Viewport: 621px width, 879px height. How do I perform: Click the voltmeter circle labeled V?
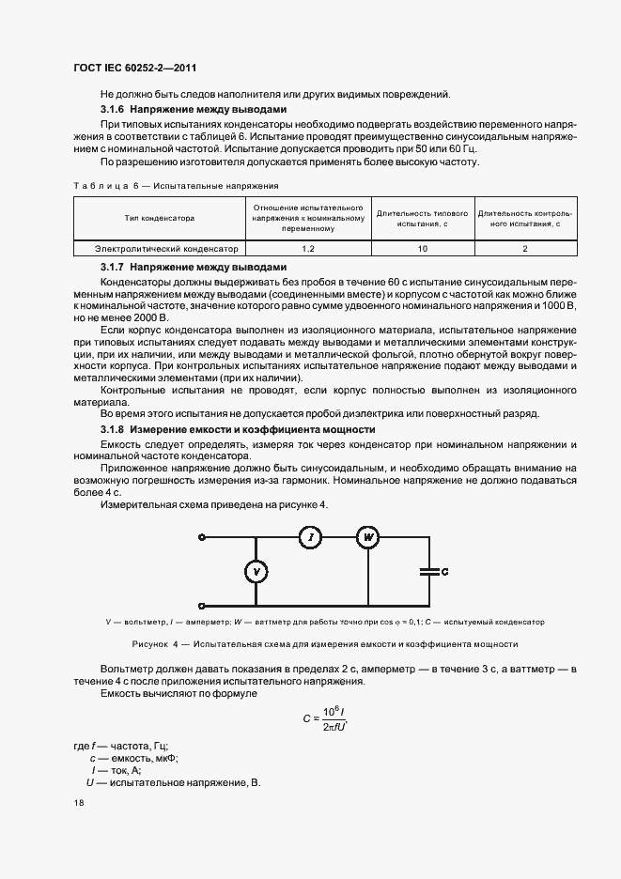click(251, 572)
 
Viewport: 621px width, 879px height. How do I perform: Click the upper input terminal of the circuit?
click(202, 537)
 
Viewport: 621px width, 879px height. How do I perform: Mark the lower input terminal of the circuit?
click(202, 606)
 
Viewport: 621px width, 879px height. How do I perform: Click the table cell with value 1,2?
click(308, 249)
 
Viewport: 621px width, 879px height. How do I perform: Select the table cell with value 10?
click(423, 249)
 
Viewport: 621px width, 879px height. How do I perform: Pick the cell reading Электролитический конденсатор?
click(160, 249)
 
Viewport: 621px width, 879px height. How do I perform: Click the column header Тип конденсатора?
click(160, 218)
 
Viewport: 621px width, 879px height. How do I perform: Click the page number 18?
click(78, 803)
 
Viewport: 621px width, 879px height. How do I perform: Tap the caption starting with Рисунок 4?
click(324, 644)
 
